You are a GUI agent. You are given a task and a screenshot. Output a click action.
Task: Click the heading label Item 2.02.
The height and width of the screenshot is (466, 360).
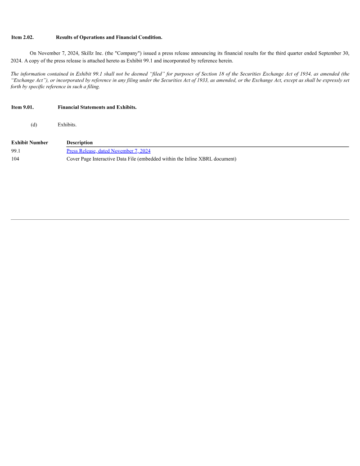coord(22,37)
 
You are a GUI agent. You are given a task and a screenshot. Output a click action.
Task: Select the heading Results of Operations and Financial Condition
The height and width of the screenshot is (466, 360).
coord(109,37)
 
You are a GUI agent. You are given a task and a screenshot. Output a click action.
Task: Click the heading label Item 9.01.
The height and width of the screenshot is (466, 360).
coord(22,107)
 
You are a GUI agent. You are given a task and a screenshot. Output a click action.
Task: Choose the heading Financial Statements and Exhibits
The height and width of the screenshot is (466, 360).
coord(97,107)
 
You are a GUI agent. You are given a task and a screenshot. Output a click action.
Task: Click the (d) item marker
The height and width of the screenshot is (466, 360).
coord(34,124)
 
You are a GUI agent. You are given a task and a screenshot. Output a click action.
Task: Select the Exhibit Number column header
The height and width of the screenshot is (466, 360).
coord(30,143)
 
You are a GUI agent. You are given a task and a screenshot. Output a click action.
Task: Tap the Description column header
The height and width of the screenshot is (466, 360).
coord(80,143)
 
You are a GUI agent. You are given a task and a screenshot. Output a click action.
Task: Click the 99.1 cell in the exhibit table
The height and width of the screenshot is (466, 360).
coord(16,151)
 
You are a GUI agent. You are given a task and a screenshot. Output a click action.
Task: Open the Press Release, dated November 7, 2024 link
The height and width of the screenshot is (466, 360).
coord(108,151)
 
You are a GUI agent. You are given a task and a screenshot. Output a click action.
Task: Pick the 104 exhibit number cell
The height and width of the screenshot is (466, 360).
coord(15,158)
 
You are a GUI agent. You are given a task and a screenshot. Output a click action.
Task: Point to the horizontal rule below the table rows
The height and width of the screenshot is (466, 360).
coord(180,219)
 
